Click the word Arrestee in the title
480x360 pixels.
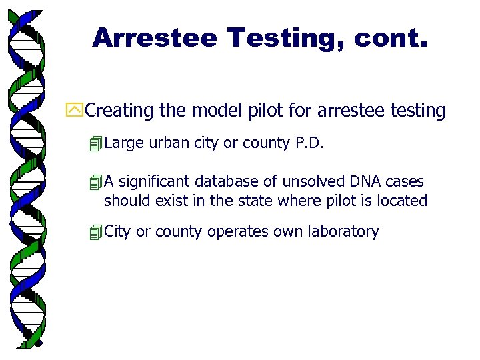(155, 37)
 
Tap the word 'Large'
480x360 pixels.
(124, 143)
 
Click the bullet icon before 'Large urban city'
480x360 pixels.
(97, 144)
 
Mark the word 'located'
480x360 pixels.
(402, 201)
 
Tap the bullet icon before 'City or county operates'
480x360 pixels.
(97, 233)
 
